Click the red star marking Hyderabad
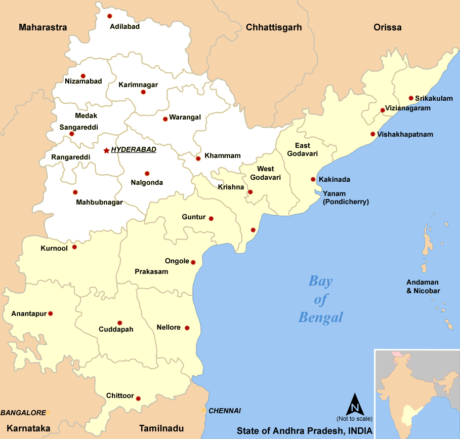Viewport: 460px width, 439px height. [x=106, y=150]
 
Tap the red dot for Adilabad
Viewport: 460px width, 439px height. [x=109, y=16]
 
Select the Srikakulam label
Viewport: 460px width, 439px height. [x=434, y=98]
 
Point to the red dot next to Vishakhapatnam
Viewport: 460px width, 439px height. [x=373, y=134]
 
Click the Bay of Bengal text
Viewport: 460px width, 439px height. [x=321, y=299]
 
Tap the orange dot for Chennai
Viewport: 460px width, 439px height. [x=203, y=410]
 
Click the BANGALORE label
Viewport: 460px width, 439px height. [x=23, y=413]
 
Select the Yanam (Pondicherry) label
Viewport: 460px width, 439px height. [x=346, y=197]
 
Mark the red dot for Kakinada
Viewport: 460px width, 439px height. [x=313, y=179]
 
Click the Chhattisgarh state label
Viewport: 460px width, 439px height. [x=274, y=27]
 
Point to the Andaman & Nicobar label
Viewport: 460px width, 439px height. [x=423, y=287]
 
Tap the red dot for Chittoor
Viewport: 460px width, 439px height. [x=138, y=398]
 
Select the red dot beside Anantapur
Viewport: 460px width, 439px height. [x=50, y=313]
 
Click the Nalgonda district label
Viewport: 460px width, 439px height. [x=147, y=182]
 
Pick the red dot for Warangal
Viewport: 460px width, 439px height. [x=165, y=119]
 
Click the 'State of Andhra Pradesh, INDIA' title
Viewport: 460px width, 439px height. [x=304, y=431]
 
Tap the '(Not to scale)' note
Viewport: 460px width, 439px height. [x=354, y=419]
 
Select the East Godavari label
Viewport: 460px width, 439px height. [x=303, y=149]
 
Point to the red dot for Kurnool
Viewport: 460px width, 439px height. [x=74, y=247]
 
